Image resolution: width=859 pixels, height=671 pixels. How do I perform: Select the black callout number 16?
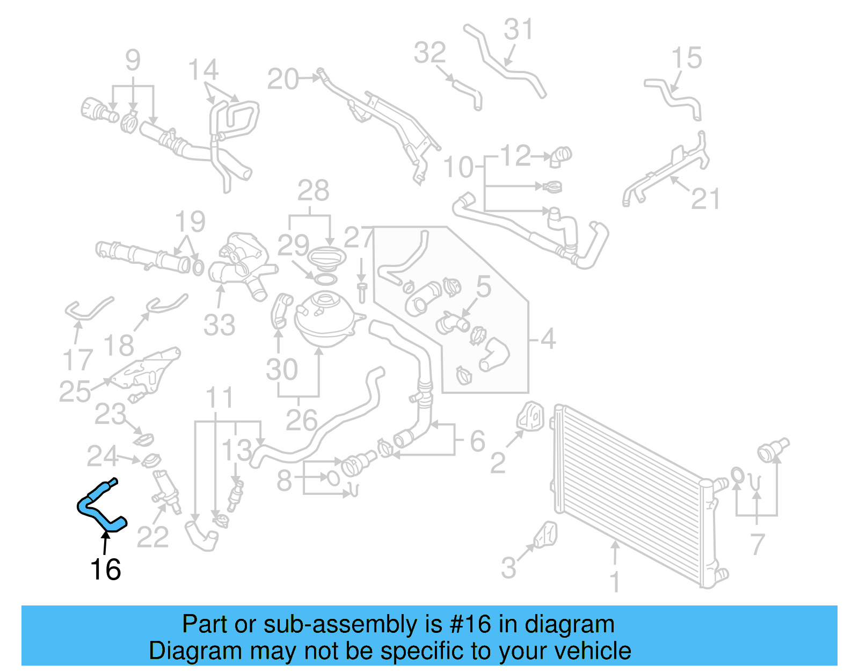pyautogui.click(x=106, y=569)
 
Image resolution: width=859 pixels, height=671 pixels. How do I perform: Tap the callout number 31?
pyautogui.click(x=518, y=30)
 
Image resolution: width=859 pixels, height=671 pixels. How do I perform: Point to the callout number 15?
pyautogui.click(x=687, y=58)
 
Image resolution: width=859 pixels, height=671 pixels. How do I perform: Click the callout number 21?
pyautogui.click(x=705, y=199)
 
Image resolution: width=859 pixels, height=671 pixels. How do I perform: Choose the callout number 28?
pyautogui.click(x=314, y=191)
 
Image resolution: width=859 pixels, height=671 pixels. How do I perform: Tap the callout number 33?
pyautogui.click(x=219, y=325)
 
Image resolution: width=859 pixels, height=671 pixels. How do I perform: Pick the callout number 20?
pyautogui.click(x=283, y=80)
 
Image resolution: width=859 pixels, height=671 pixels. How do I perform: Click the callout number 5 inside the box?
pyautogui.click(x=483, y=287)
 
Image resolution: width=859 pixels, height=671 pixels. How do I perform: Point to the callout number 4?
pyautogui.click(x=548, y=339)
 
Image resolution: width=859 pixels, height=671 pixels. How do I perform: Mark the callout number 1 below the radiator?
pyautogui.click(x=615, y=582)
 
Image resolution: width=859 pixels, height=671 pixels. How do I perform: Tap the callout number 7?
pyautogui.click(x=757, y=544)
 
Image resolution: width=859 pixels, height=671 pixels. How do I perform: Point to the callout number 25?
pyautogui.click(x=75, y=391)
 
